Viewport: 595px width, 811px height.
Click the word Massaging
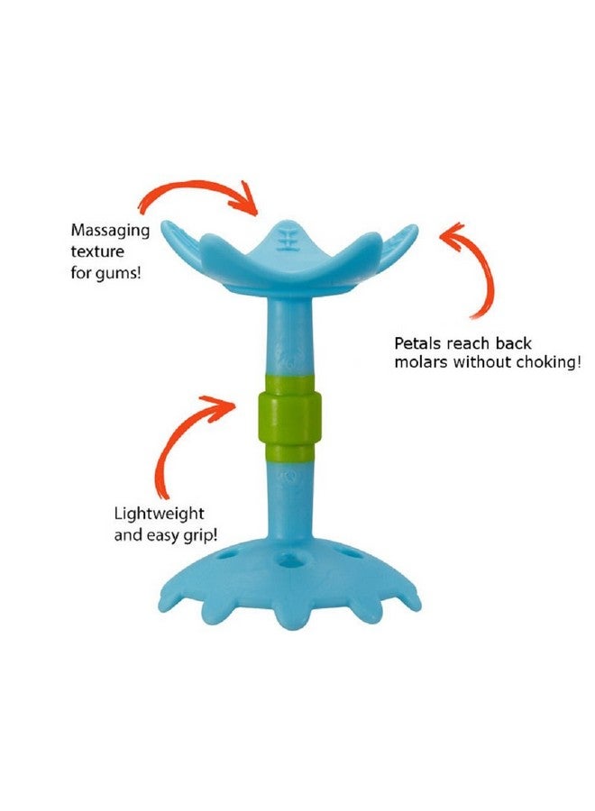point(110,231)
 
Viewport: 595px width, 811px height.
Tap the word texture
point(97,251)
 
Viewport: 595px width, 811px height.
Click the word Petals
point(418,343)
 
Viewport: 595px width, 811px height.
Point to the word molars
point(421,361)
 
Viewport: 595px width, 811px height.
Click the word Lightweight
point(159,514)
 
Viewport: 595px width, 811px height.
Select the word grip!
point(200,535)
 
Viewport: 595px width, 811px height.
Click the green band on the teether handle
point(289,417)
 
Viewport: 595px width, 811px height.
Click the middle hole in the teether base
point(288,561)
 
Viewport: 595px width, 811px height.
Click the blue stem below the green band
point(290,499)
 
